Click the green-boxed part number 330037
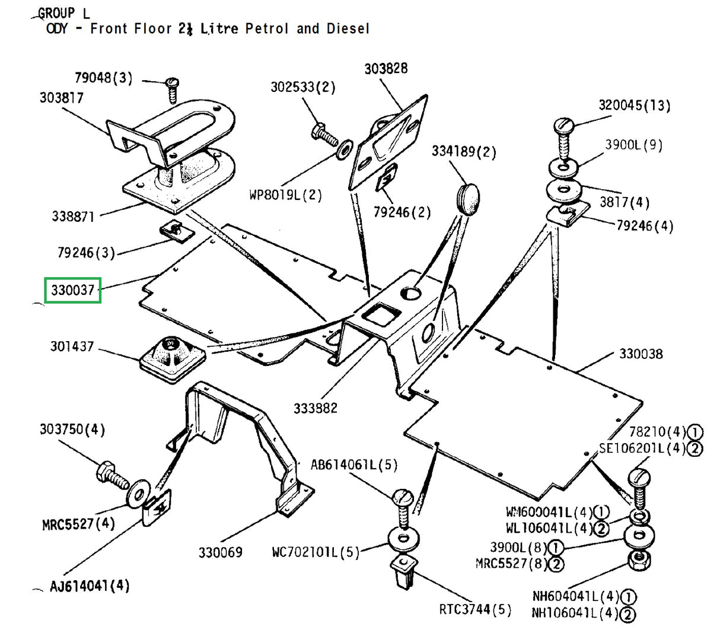(73, 290)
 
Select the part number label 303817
(62, 97)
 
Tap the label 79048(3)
(103, 78)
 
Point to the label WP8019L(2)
(285, 195)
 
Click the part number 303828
(386, 69)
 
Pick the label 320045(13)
(634, 106)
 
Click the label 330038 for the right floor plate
(641, 354)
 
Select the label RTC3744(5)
(474, 609)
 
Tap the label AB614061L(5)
(354, 465)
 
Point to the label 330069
(220, 552)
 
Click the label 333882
(315, 408)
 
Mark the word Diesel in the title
(348, 28)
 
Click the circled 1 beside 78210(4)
(694, 432)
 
